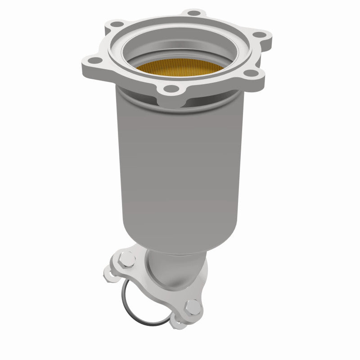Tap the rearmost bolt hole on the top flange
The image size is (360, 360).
pos(193,13)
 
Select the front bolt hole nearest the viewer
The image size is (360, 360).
pos(171,89)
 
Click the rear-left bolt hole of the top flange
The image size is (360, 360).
pos(117,24)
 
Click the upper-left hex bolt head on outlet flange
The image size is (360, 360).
pos(127,259)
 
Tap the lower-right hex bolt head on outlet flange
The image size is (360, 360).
pos(193,307)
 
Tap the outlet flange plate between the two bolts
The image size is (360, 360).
pos(157,288)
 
